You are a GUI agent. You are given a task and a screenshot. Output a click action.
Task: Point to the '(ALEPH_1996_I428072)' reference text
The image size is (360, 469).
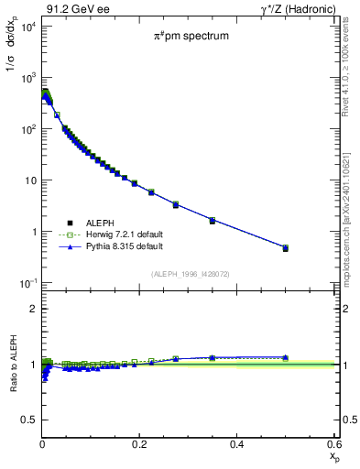click(x=191, y=274)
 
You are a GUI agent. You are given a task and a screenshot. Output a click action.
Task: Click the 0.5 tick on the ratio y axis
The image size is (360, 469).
click(x=28, y=420)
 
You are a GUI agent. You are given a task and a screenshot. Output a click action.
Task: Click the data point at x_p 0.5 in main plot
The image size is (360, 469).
click(x=286, y=248)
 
